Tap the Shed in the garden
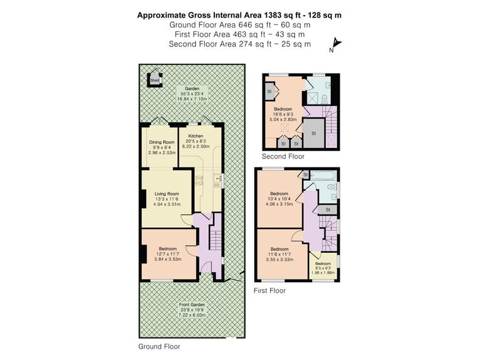pyautogui.click(x=155, y=80)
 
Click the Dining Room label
pyautogui.click(x=162, y=142)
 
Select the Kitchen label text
pyautogui.click(x=196, y=136)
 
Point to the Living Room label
pyautogui.click(x=167, y=194)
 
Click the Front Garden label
pyautogui.click(x=192, y=305)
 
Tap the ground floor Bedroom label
pyautogui.click(x=168, y=249)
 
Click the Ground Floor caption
pyautogui.click(x=159, y=347)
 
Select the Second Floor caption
pyautogui.click(x=283, y=157)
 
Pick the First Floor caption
pyautogui.click(x=269, y=290)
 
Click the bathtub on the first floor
pyautogui.click(x=323, y=176)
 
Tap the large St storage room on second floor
pyautogui.click(x=313, y=134)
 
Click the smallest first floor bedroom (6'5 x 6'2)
pyautogui.click(x=323, y=266)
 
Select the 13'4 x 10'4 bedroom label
pyautogui.click(x=279, y=199)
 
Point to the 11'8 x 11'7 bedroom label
pyautogui.click(x=279, y=254)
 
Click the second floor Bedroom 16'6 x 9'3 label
pyautogui.click(x=283, y=114)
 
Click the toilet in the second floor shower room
pyautogui.click(x=325, y=98)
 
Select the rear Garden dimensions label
pyautogui.click(x=192, y=96)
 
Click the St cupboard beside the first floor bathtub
pyautogui.click(x=305, y=174)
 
